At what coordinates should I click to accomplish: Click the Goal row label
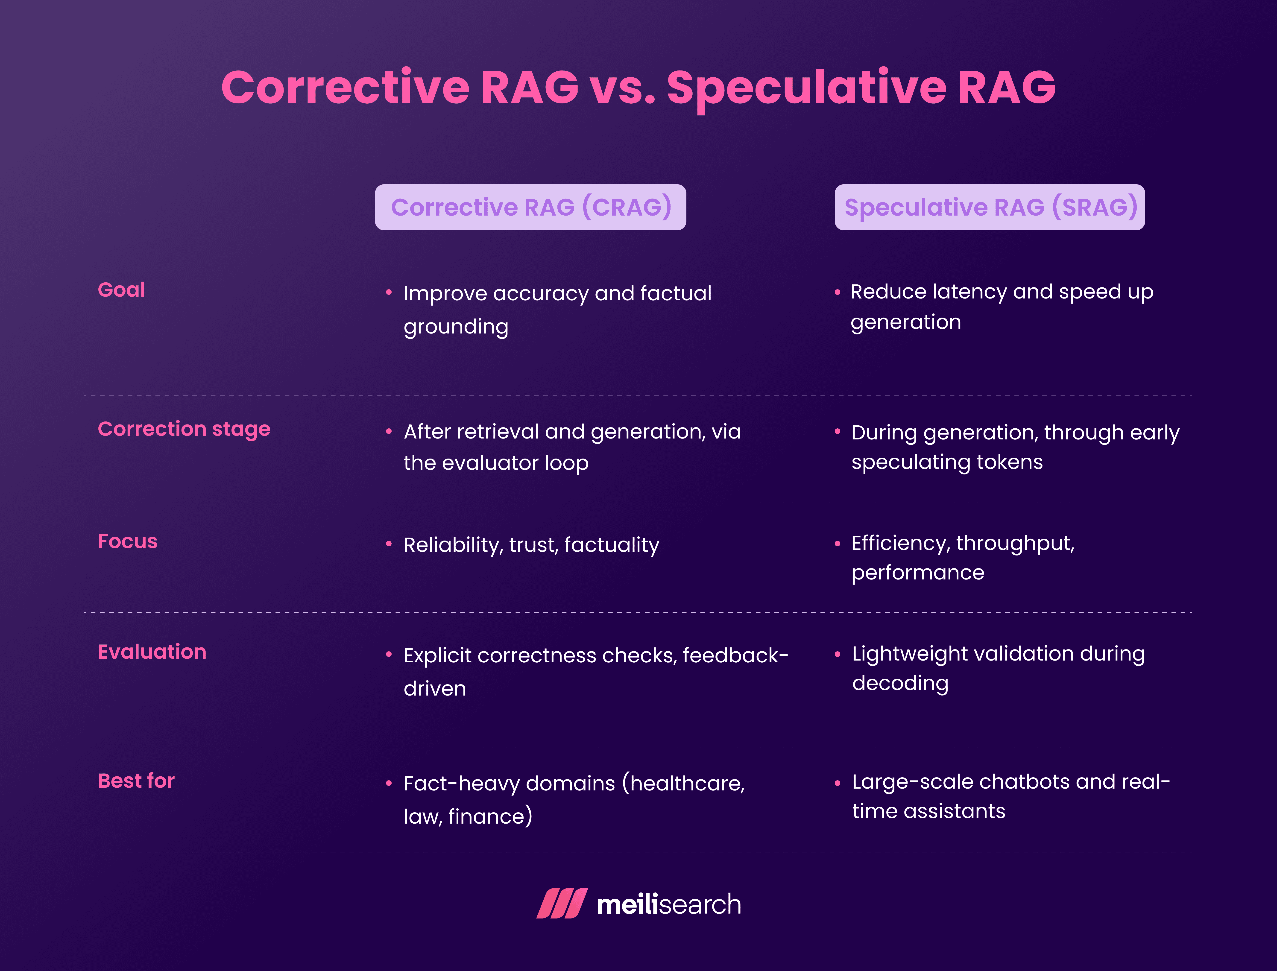point(121,290)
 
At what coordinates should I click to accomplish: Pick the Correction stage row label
point(184,429)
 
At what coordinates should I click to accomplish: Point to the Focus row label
point(128,541)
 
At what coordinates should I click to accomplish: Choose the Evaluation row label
point(152,652)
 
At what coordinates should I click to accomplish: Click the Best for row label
point(136,781)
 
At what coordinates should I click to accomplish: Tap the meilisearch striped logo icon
point(562,903)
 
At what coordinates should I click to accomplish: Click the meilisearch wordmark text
point(669,904)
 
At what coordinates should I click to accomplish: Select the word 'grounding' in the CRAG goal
point(456,327)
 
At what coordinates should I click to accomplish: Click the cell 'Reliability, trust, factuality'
point(531,545)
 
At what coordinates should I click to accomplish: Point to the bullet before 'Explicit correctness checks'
point(389,654)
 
